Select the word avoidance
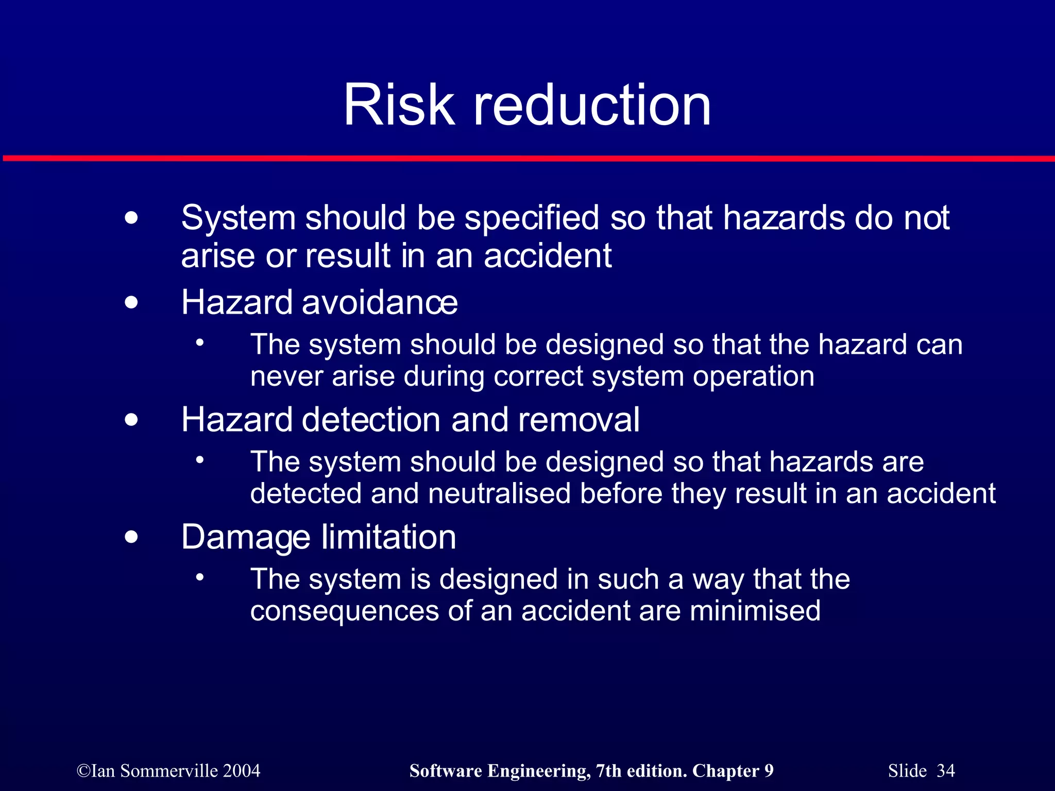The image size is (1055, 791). click(380, 302)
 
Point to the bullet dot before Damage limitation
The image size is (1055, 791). click(131, 537)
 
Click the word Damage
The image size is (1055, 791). click(246, 538)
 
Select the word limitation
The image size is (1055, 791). click(389, 537)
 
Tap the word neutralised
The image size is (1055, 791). click(499, 493)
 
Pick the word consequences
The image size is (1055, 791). click(344, 611)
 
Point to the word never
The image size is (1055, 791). click(286, 376)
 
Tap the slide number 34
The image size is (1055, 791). click(946, 771)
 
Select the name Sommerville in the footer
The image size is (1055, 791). click(169, 771)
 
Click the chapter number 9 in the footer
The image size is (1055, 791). click(769, 771)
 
